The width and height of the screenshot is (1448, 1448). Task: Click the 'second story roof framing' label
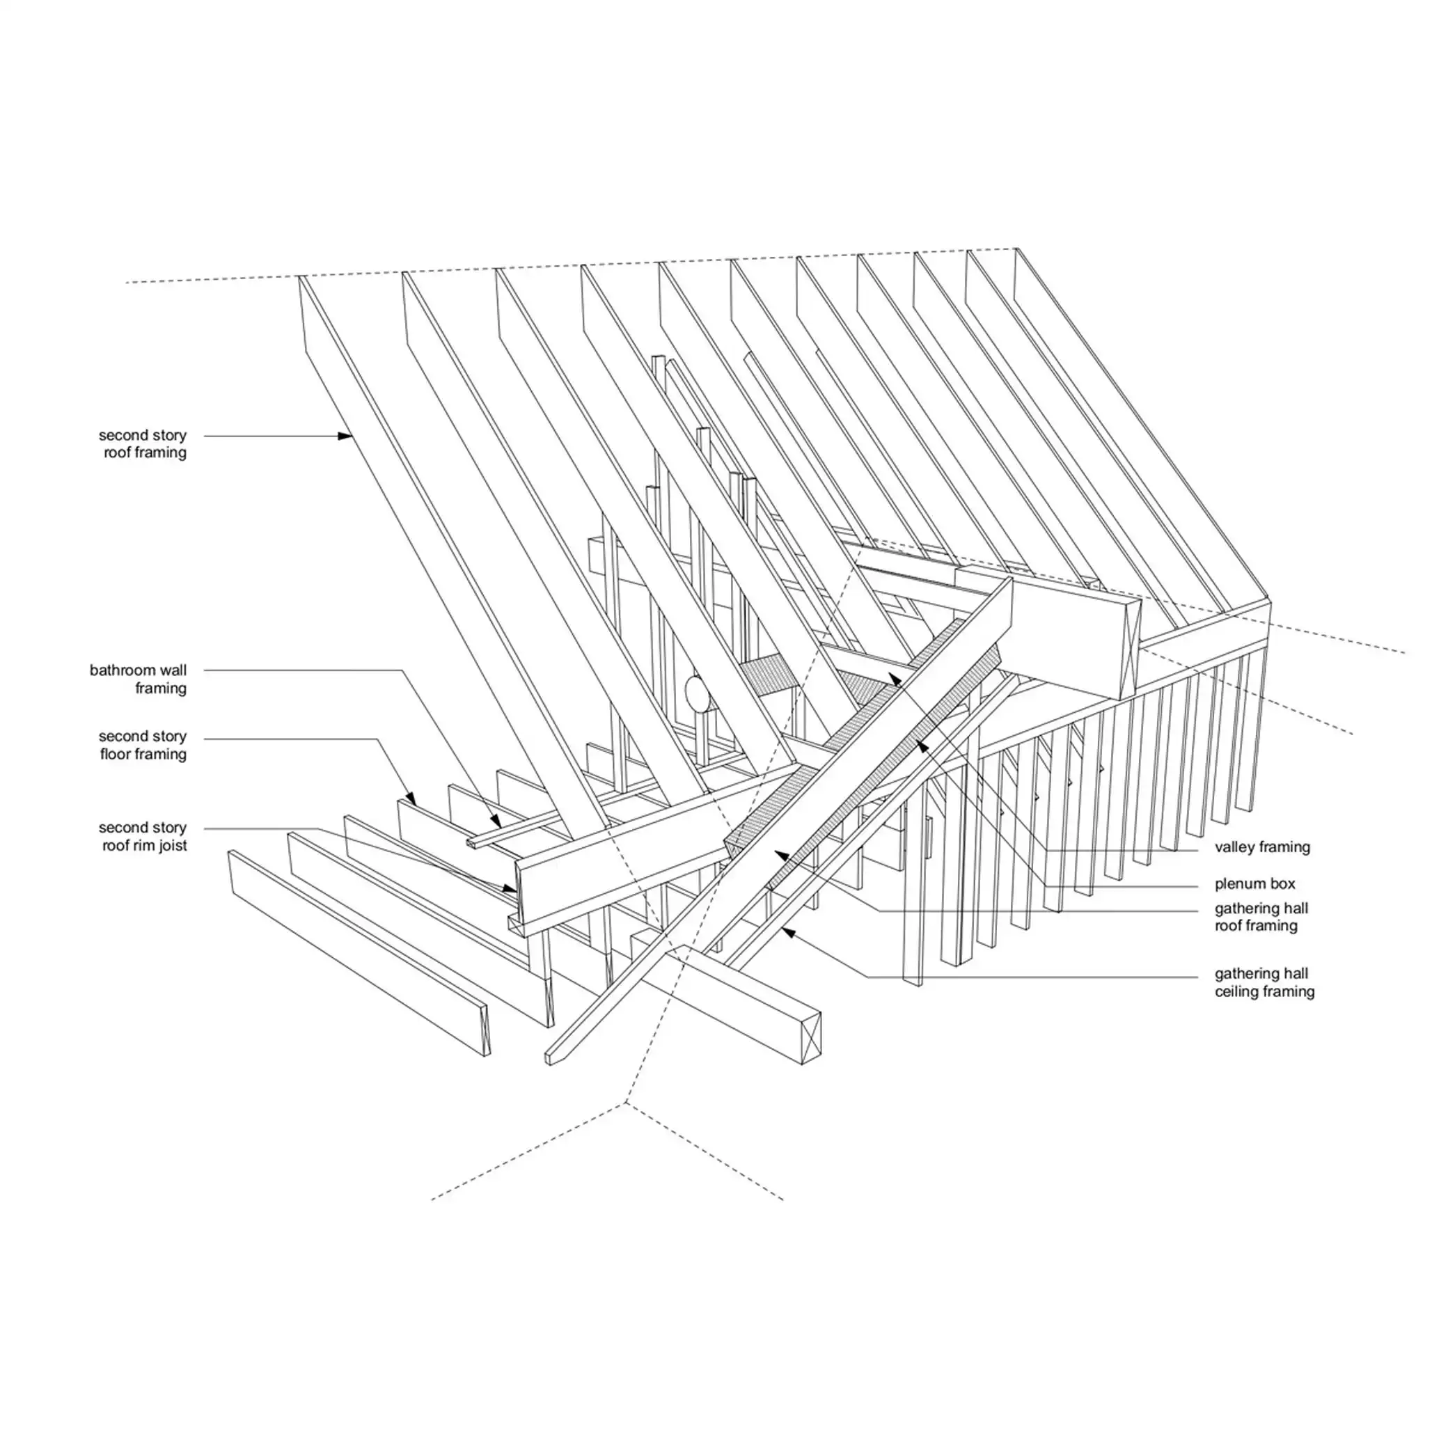coord(143,443)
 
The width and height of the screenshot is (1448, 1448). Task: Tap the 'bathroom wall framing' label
coord(138,679)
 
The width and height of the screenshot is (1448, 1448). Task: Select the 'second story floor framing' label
coord(143,745)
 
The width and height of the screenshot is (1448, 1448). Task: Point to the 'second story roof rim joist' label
coord(143,836)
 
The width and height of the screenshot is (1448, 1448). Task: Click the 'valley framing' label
coord(1262,847)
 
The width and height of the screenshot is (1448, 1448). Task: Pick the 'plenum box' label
coord(1254,883)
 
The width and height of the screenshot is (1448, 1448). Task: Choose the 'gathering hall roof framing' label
coord(1261,917)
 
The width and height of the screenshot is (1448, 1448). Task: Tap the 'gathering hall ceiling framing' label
coord(1264,982)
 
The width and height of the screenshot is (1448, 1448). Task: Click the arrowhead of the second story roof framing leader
coord(345,436)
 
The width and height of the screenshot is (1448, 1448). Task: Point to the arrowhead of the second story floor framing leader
coord(411,798)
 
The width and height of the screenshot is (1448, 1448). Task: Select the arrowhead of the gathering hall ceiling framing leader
coord(786,931)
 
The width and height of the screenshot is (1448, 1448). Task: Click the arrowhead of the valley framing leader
coord(894,679)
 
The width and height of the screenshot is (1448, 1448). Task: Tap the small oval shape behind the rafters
coord(695,693)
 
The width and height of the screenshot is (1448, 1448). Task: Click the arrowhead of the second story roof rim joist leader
coord(512,889)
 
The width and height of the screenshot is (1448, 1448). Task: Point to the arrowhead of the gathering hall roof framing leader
coord(780,853)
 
